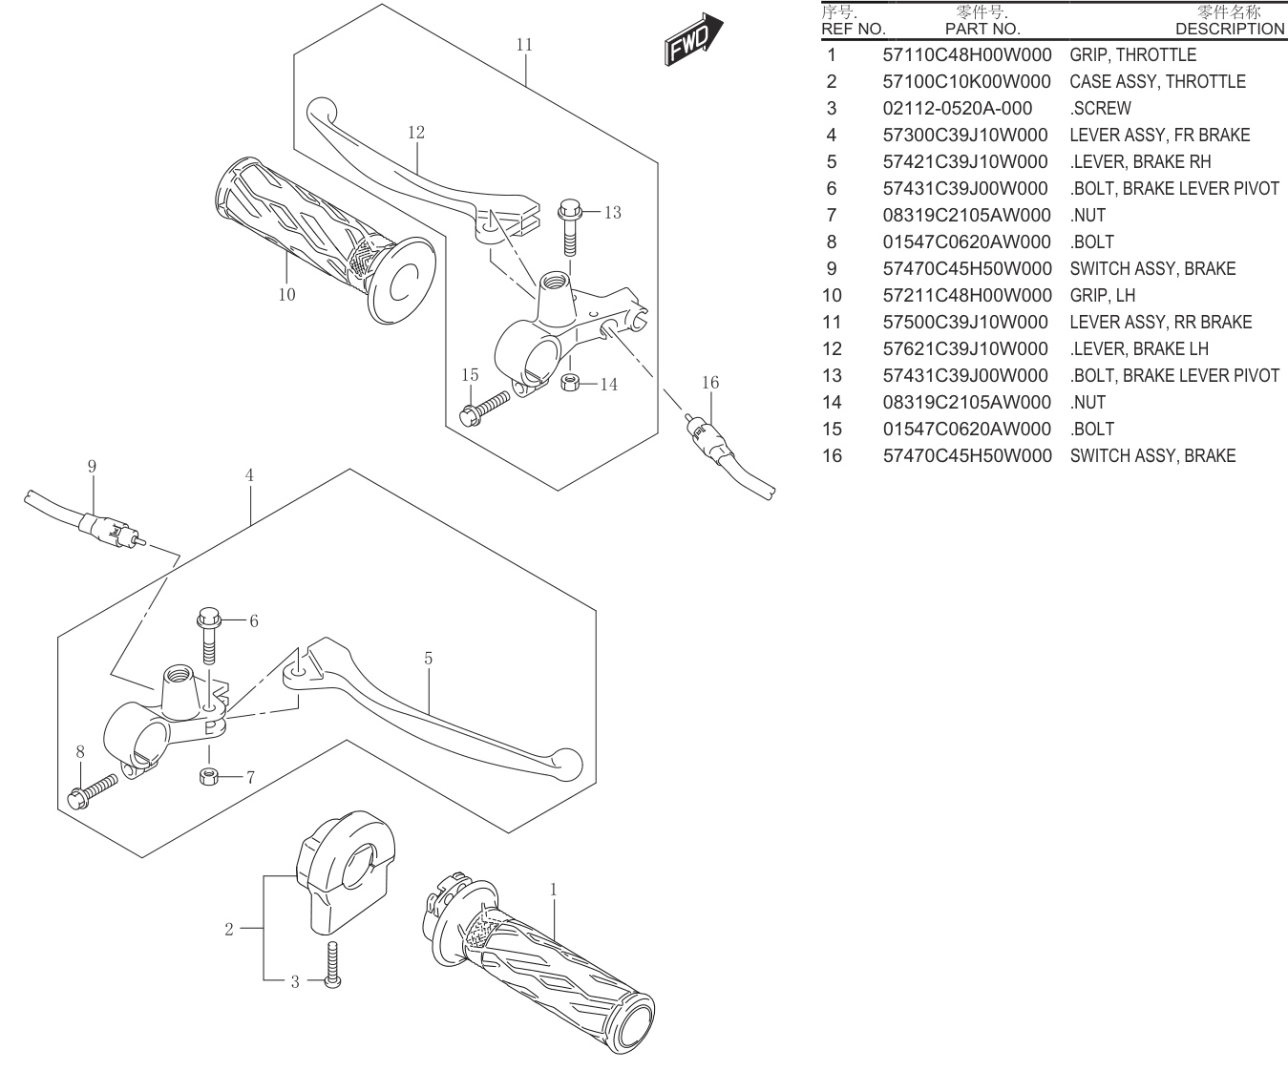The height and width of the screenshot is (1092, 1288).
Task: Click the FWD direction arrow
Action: click(x=693, y=40)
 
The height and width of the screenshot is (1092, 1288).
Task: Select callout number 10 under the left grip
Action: click(x=286, y=295)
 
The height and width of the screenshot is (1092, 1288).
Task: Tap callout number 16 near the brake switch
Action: click(x=710, y=383)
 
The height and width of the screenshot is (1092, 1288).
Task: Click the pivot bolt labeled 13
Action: click(x=570, y=227)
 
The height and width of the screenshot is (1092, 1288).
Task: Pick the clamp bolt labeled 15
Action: click(x=484, y=409)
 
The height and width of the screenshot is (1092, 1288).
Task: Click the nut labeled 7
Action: click(x=209, y=776)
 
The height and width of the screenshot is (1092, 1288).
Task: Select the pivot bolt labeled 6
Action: click(x=207, y=637)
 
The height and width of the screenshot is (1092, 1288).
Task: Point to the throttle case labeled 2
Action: click(x=346, y=873)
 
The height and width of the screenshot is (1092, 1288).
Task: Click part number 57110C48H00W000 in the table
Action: click(x=967, y=54)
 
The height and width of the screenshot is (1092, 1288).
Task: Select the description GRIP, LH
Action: click(x=1103, y=295)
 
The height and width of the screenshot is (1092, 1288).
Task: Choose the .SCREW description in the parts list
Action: click(x=1100, y=109)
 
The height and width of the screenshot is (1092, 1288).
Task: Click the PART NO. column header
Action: click(x=982, y=29)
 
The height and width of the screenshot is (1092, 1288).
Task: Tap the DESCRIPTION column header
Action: click(x=1230, y=29)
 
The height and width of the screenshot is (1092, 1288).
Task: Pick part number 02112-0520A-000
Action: click(x=957, y=109)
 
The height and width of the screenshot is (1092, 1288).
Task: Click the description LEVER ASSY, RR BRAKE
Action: click(x=1161, y=322)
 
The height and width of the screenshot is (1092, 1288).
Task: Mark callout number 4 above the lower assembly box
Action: click(x=249, y=476)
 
